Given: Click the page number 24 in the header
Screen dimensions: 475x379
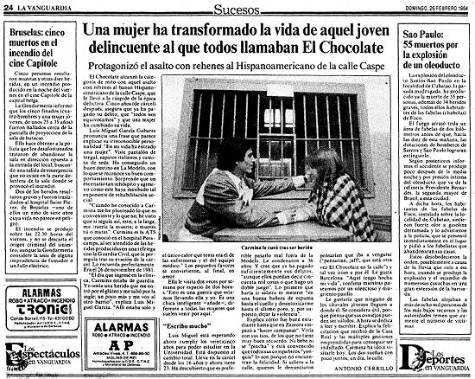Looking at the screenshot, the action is point(7,7).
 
